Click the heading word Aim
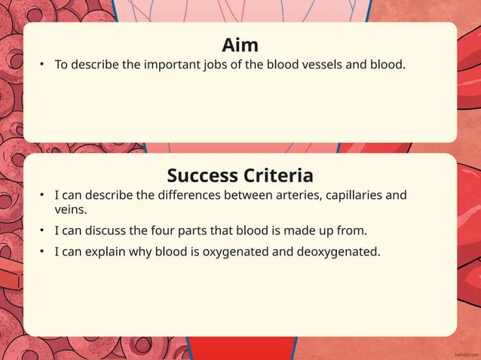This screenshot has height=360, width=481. (x=240, y=44)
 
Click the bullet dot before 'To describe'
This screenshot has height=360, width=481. (x=43, y=66)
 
